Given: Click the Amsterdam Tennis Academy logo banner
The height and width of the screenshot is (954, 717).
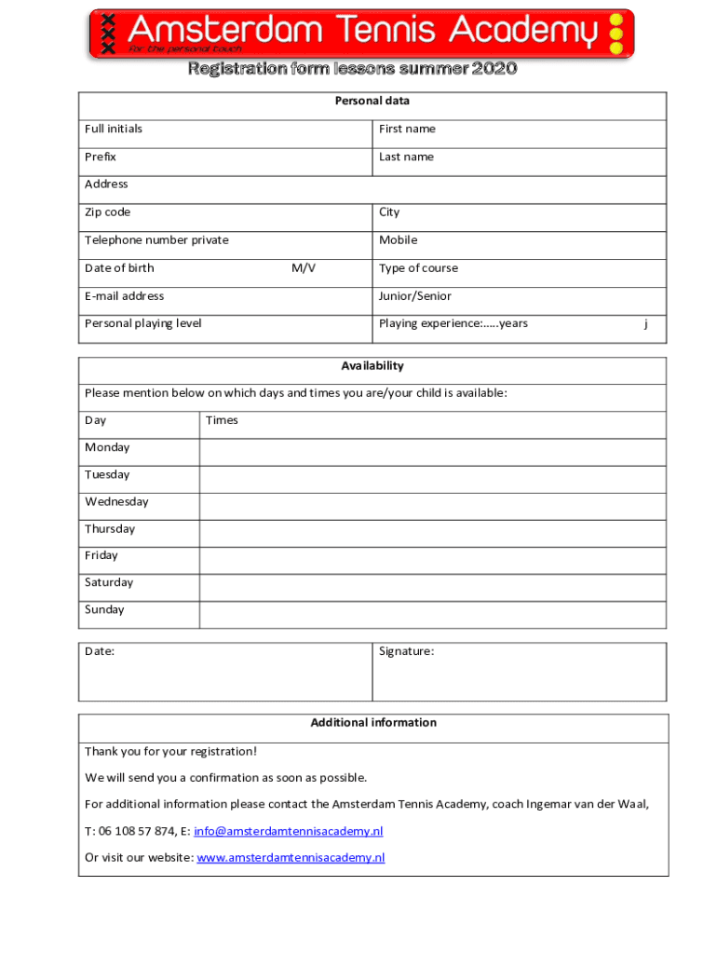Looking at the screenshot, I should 361,34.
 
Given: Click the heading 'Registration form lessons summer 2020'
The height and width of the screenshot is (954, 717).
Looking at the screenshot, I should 352,69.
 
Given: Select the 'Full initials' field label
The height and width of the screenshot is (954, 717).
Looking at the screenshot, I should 114,129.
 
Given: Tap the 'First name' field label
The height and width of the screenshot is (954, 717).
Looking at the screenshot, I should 407,129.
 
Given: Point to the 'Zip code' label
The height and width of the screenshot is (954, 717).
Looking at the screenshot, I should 108,212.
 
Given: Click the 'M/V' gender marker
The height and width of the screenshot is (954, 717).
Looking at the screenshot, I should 304,268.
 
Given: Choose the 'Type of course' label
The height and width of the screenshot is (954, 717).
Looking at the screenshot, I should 418,268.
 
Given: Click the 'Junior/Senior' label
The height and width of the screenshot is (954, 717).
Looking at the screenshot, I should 415,296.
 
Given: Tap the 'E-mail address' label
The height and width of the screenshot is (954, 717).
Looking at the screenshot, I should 124,296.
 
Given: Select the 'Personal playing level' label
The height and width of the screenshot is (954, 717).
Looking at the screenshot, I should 142,323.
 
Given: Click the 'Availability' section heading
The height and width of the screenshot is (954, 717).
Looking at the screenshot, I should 372,366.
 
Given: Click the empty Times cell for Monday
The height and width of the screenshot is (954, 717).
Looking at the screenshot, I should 433,452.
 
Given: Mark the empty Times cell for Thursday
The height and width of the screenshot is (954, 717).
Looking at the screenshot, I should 433,533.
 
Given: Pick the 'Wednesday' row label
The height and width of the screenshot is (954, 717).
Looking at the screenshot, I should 116,502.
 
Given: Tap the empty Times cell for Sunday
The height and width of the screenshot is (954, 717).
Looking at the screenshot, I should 433,615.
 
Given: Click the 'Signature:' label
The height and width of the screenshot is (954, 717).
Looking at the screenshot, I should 406,651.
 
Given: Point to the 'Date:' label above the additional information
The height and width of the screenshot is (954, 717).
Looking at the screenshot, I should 100,651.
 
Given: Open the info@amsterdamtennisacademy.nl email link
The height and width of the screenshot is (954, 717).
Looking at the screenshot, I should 288,830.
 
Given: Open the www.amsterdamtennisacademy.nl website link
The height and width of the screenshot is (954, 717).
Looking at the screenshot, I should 291,857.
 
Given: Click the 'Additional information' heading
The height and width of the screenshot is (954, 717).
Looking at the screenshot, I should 373,722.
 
